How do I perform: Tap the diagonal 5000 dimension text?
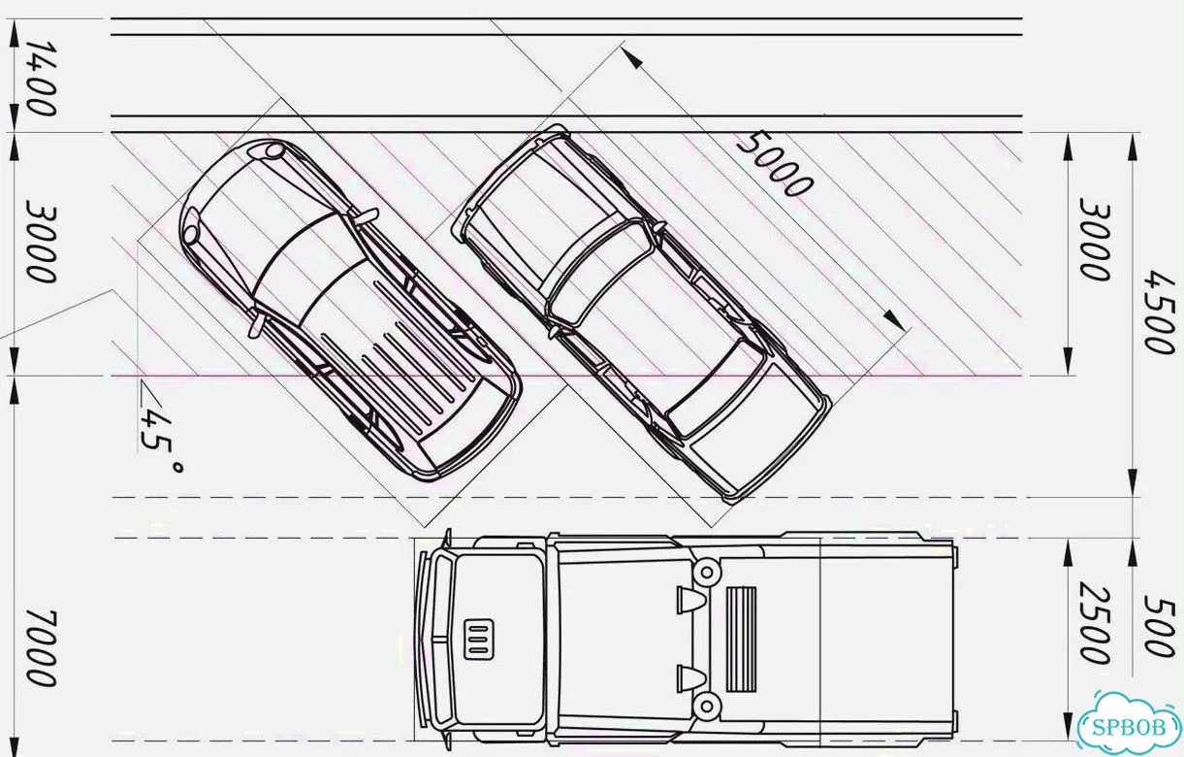point(775,165)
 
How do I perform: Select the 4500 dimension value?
point(1160,313)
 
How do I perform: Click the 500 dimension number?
point(1160,626)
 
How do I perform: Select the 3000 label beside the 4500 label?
point(1094,238)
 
